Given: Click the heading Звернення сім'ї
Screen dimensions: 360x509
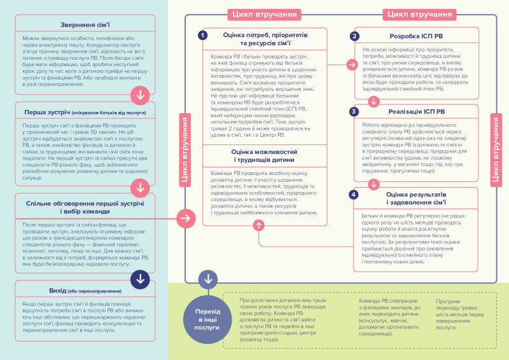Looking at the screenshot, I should point(85,25).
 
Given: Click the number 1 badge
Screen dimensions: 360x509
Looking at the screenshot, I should point(202,36).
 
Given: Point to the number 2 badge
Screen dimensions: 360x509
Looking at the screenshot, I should point(354,36).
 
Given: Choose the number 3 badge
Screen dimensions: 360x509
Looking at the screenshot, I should point(354,111).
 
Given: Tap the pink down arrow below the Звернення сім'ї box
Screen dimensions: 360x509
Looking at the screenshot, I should point(139,95).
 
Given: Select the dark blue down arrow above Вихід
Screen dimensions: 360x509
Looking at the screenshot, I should point(139,278).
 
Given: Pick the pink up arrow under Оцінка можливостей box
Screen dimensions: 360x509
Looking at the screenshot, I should point(258,225).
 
